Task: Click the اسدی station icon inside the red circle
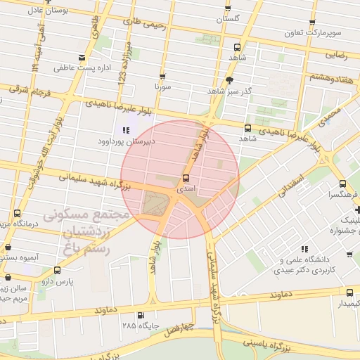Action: (x=186, y=178)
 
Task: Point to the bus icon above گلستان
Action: (x=227, y=8)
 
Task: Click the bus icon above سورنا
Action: (x=162, y=76)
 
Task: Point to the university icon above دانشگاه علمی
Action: (x=304, y=249)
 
